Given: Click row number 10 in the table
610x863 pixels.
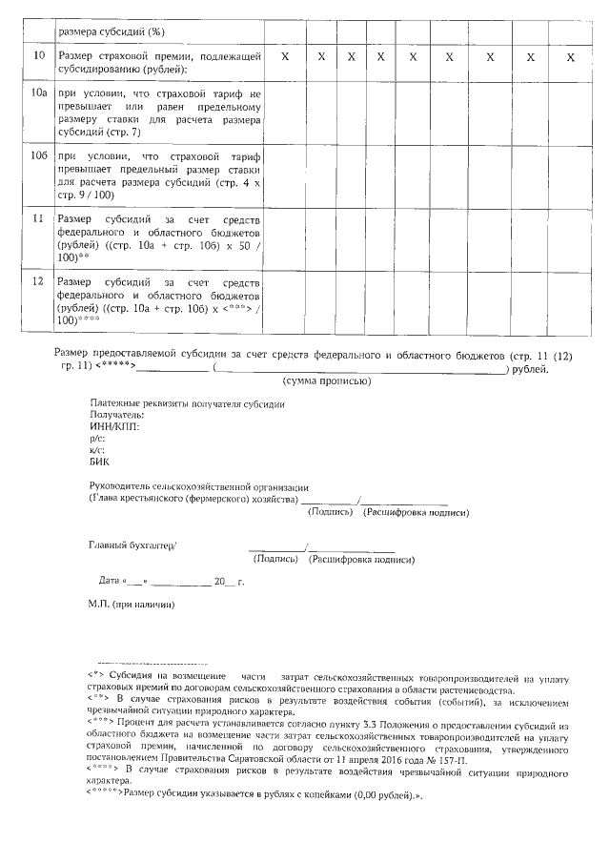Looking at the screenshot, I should tap(39, 57).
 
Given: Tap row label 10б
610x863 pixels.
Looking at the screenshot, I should tap(39, 156).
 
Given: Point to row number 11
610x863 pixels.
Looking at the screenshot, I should tap(39, 219).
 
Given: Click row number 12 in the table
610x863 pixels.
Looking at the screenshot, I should tap(39, 282).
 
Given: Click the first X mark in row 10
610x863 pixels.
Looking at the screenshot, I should tap(285, 57).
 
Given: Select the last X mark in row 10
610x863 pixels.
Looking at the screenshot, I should tap(570, 57).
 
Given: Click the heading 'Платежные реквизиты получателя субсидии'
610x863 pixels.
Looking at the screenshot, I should tap(187, 403).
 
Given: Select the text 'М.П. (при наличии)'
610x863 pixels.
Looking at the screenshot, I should tap(132, 605).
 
